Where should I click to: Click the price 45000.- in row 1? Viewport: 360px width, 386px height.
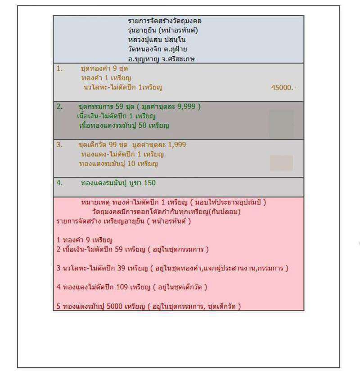point(283,88)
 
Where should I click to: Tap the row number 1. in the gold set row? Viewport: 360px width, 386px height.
point(59,69)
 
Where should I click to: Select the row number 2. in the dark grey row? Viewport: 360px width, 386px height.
point(59,107)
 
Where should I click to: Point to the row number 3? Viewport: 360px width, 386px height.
point(59,145)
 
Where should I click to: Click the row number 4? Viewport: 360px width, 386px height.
point(59,183)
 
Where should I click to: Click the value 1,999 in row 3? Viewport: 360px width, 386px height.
point(176,145)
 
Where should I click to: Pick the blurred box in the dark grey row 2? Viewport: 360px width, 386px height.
point(281,123)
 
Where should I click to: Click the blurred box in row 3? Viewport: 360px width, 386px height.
point(281,163)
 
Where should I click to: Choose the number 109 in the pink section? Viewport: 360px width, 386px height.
point(115,287)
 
